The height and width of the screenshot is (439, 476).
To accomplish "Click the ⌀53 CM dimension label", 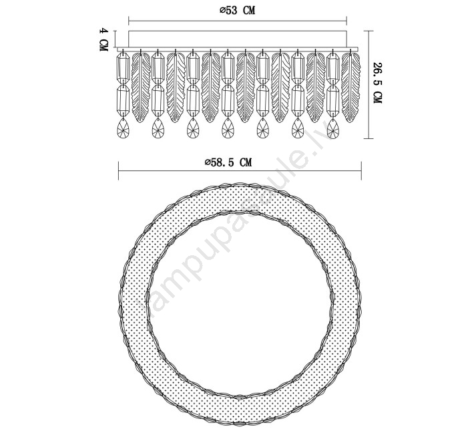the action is pos(237,10).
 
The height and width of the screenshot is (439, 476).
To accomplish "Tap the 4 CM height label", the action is pos(104,39).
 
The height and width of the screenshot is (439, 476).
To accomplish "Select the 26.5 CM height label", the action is pos(377,83).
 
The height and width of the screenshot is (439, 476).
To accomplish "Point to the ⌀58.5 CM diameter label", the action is pos(228,162).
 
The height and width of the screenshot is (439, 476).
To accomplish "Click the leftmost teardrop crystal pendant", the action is pos(123,128).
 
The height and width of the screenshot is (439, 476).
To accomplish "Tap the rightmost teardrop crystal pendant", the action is pos(333,128).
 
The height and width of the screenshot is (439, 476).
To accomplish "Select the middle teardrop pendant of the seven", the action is pos(228,128).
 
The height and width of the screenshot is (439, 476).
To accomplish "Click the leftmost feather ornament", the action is pos(141,87).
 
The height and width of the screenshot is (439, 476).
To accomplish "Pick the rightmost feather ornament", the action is pos(351,87).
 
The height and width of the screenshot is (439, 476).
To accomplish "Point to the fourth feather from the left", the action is pos(246,87).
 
